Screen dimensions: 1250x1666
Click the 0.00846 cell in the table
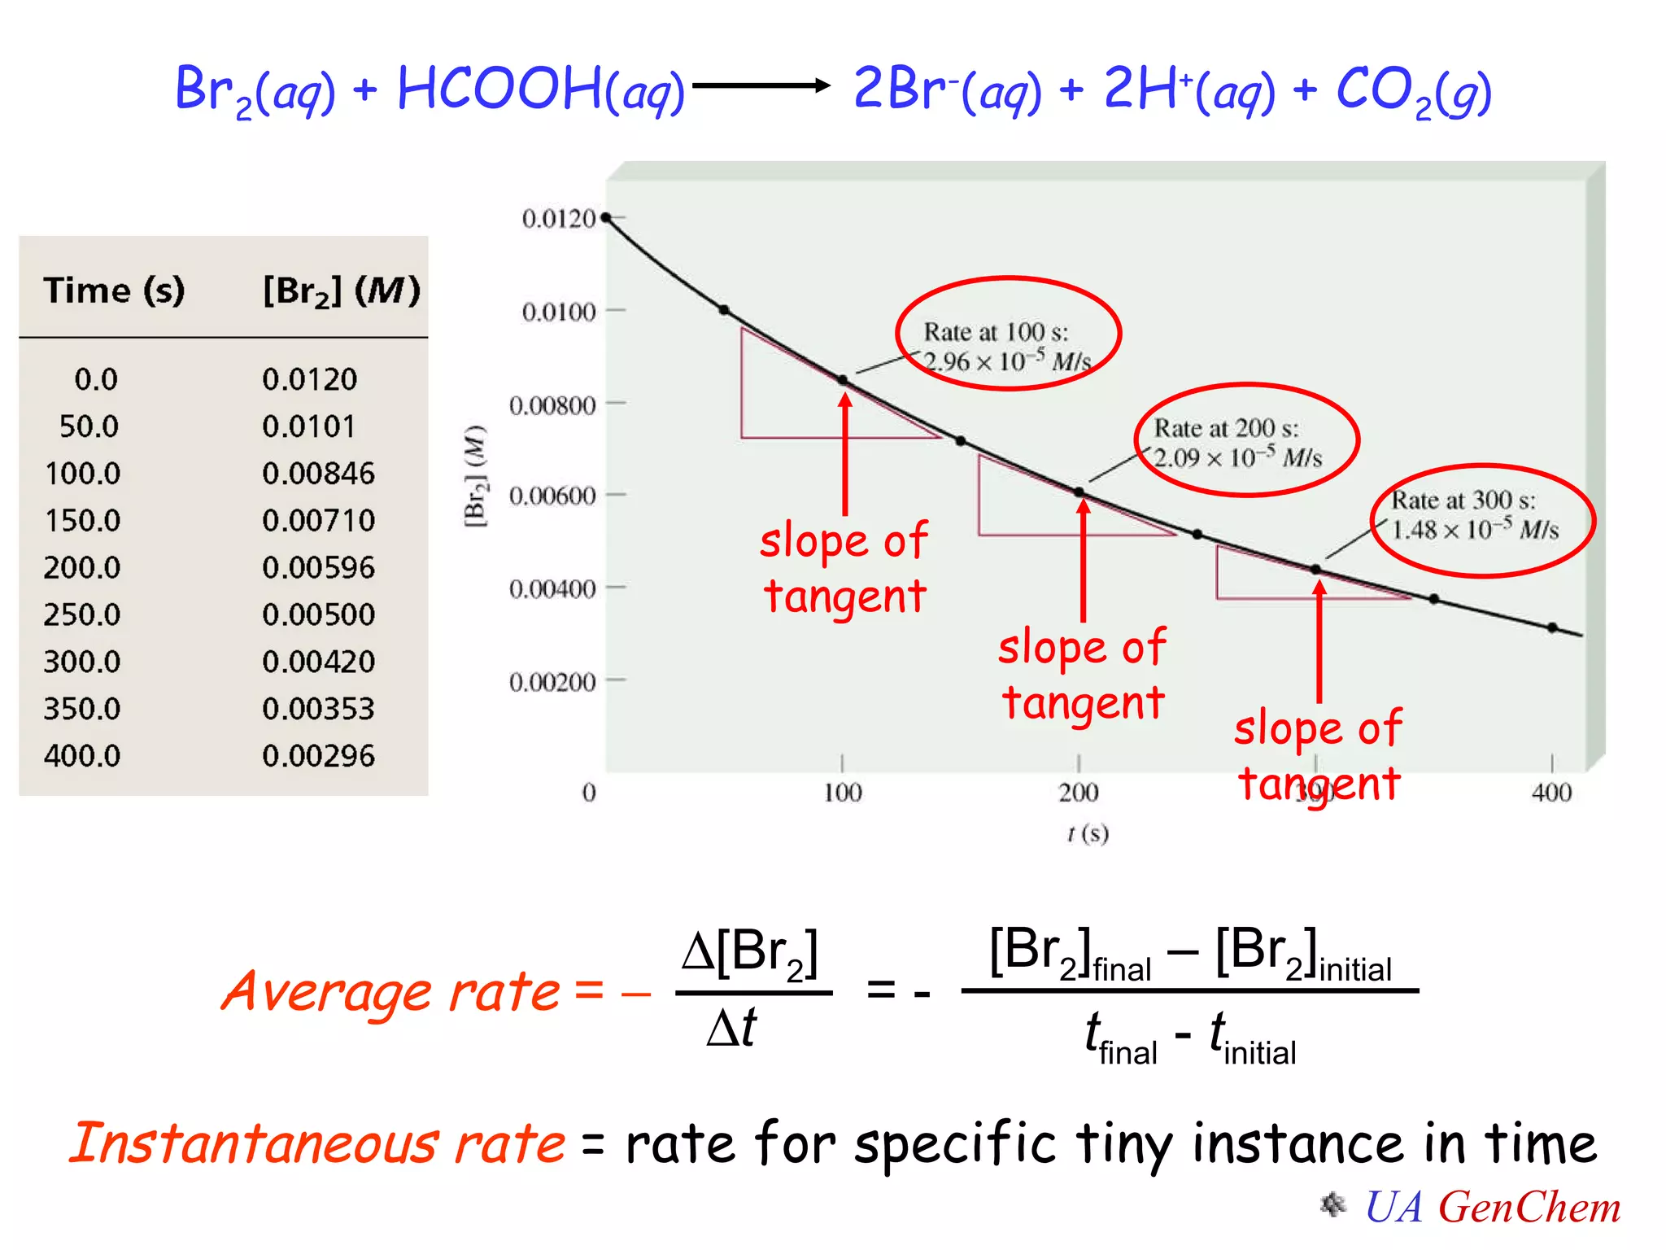pos(318,473)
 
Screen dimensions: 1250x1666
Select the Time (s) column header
pos(114,291)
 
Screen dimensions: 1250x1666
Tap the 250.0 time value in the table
pos(82,614)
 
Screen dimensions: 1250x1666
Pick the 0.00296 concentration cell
pos(318,756)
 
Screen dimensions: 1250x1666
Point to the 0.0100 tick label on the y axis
pos(559,312)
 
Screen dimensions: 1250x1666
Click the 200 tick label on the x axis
pos(1079,792)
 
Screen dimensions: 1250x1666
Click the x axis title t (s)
pos(1088,833)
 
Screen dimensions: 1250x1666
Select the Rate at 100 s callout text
pos(996,332)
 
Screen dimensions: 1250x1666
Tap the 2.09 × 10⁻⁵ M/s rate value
pos(1238,458)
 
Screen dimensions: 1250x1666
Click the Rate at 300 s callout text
pos(1463,500)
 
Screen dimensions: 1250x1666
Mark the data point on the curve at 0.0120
pos(605,217)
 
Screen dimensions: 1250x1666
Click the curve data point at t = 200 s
pos(1079,492)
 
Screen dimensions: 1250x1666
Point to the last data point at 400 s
pos(1552,627)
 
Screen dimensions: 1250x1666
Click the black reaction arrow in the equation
pos(761,85)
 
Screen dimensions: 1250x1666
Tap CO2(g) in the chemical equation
pos(1414,91)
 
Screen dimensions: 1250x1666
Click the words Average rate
pos(390,992)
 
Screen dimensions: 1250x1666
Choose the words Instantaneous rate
pos(317,1143)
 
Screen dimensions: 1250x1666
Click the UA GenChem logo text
pos(1492,1207)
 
